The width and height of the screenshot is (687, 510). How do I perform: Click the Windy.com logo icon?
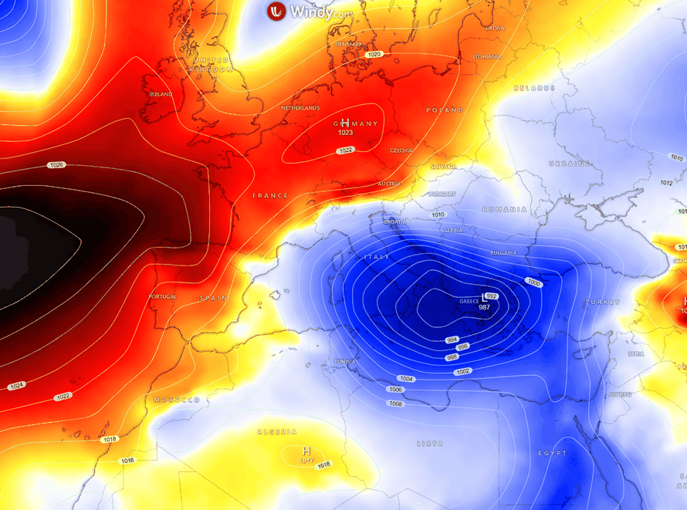tap(276, 12)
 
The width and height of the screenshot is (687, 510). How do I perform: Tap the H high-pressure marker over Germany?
tap(345, 123)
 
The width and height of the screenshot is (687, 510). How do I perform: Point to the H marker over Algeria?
tap(306, 451)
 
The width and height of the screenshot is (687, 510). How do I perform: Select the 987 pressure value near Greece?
tap(485, 307)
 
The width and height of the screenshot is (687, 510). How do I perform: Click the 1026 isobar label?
tap(56, 165)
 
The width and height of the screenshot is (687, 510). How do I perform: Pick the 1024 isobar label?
tap(16, 386)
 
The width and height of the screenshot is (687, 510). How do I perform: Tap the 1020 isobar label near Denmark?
tap(374, 54)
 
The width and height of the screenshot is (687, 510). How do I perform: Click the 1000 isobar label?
tap(533, 282)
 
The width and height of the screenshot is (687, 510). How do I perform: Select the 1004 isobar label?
tap(407, 378)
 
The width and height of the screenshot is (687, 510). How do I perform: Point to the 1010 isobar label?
tap(438, 214)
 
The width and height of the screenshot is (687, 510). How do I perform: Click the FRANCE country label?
tap(270, 196)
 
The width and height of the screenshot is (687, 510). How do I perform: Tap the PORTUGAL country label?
tap(163, 296)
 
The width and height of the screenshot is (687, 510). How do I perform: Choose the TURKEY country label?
tap(602, 302)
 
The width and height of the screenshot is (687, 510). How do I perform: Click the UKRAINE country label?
tap(570, 164)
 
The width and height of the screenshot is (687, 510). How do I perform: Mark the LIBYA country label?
tap(430, 444)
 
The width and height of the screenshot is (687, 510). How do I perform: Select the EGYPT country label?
tap(553, 453)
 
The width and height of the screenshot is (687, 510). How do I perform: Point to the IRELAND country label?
tap(161, 94)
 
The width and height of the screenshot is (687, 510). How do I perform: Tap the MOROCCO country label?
tap(177, 400)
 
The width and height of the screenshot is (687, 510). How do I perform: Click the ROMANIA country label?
tap(504, 209)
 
